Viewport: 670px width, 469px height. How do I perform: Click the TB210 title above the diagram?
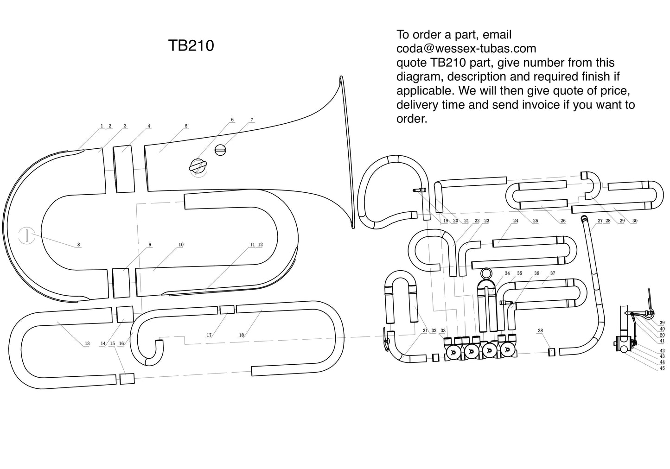click(191, 45)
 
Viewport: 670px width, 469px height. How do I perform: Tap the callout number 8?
click(78, 245)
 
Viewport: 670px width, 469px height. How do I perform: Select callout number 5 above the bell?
click(186, 126)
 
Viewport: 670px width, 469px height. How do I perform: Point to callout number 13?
click(87, 343)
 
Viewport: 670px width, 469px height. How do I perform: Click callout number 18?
click(241, 335)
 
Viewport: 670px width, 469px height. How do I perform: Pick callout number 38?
click(540, 330)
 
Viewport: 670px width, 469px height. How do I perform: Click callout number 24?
click(516, 221)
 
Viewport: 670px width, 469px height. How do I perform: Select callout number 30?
click(635, 221)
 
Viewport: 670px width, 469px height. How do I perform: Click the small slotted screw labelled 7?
click(221, 150)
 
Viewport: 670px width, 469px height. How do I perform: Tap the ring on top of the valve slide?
click(486, 273)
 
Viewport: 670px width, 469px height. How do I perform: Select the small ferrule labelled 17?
click(227, 310)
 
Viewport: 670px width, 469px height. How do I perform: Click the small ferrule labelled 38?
click(552, 352)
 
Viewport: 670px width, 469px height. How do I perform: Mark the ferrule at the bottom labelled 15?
click(127, 379)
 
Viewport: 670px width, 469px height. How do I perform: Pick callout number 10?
click(181, 245)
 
